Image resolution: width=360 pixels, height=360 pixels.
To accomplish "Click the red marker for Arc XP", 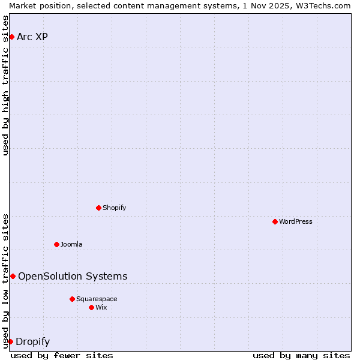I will (x=11, y=37).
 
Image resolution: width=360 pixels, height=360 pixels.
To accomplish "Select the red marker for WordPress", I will (x=275, y=221).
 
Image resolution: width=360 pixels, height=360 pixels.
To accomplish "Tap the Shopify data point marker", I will (x=98, y=208).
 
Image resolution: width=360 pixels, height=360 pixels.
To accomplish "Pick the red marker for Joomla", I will (x=56, y=244).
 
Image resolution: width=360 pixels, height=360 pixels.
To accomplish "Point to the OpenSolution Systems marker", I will (x=13, y=276).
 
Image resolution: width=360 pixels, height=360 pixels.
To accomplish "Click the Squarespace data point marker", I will (x=72, y=299).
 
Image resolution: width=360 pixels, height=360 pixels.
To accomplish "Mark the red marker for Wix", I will (x=91, y=307).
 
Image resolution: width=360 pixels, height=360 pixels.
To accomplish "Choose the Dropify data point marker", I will (x=10, y=342).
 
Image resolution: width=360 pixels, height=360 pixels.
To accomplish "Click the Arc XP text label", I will (x=32, y=37).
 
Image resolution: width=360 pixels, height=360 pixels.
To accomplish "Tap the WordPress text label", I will (x=296, y=221).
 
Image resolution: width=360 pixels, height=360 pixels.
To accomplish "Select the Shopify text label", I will (x=115, y=208).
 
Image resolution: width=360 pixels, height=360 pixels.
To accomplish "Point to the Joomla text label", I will (x=71, y=244).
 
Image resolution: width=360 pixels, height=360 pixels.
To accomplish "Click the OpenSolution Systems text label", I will (x=73, y=276).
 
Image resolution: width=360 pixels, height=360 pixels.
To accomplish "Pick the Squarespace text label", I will (x=97, y=299).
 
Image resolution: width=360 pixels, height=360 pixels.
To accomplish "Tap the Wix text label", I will (x=101, y=307).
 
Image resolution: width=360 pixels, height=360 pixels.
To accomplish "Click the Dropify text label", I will (x=32, y=342).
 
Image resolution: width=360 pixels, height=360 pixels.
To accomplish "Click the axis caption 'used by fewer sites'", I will (x=62, y=355).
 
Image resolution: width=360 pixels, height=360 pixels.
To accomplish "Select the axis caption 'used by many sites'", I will (x=301, y=355).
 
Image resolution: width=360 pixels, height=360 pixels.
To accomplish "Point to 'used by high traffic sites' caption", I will (x=5, y=85).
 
